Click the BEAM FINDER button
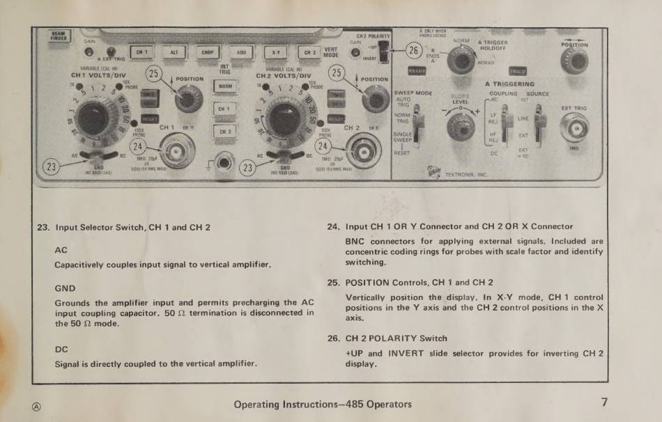click(x=58, y=36)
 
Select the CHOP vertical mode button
click(x=208, y=52)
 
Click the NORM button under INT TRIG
click(x=225, y=86)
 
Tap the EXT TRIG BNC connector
click(x=575, y=127)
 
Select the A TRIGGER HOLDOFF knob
click(x=461, y=59)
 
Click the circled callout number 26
click(x=414, y=50)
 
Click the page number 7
click(x=604, y=403)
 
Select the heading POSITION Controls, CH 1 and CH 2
click(x=419, y=283)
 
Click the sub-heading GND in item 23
click(x=65, y=288)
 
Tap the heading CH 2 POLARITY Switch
click(x=397, y=338)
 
